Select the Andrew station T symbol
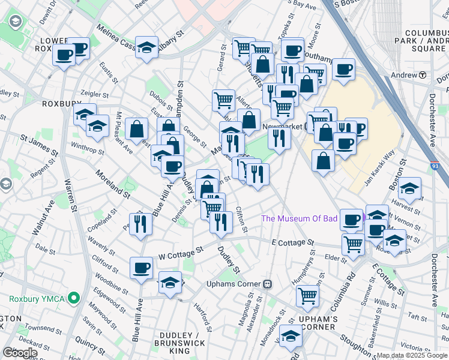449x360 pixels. pyautogui.click(x=423, y=75)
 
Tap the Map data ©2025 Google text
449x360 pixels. pyautogui.click(x=412, y=356)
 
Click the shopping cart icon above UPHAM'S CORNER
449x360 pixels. pyautogui.click(x=307, y=295)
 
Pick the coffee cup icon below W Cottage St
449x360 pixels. pyautogui.click(x=142, y=268)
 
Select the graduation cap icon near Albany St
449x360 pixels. pyautogui.click(x=146, y=47)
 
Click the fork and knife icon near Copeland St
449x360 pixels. pyautogui.click(x=140, y=224)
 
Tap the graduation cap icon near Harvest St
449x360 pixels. pyautogui.click(x=409, y=189)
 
